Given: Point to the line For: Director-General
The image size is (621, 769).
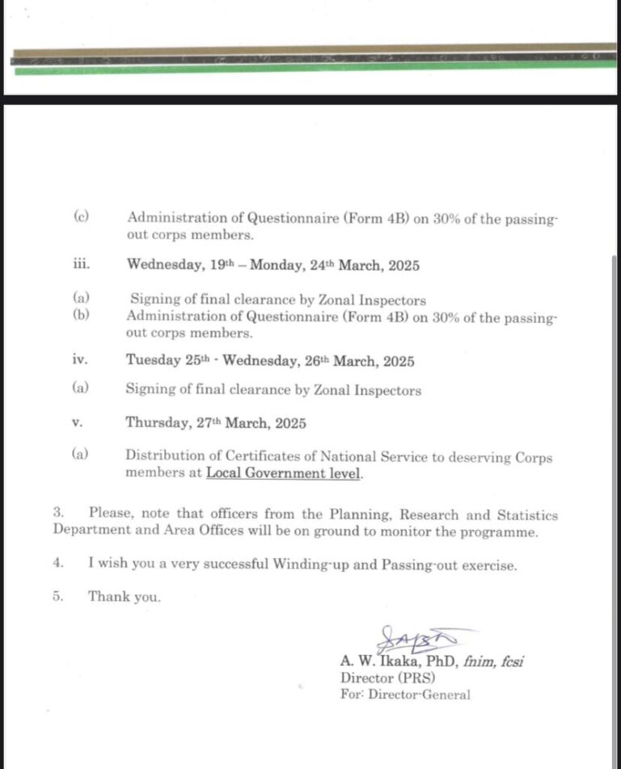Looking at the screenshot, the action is tap(405, 695).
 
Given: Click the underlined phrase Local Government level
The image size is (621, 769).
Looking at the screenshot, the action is tap(284, 473).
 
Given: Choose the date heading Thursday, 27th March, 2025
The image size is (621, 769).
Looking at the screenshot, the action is tap(216, 422).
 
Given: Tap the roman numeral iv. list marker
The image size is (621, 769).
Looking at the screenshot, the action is tap(79, 359).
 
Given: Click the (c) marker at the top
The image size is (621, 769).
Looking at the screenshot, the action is tap(80, 216).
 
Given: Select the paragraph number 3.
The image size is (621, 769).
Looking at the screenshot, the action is tap(58, 514).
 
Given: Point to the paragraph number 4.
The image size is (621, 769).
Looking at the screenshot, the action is tap(58, 565).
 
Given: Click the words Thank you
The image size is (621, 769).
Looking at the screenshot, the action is tap(125, 597).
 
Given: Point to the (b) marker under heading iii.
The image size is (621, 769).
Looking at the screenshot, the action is tap(80, 315).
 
